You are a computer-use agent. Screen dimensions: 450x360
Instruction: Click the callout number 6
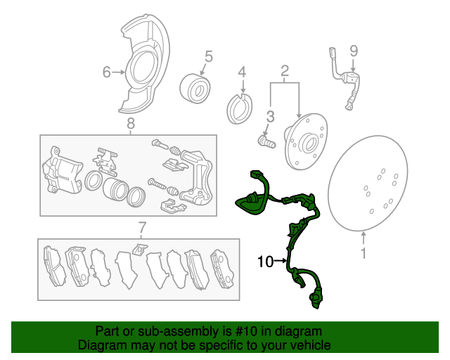pos(106,72)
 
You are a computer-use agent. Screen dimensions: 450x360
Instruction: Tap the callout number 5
pos(209,56)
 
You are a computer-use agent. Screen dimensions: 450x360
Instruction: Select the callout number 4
pos(243,72)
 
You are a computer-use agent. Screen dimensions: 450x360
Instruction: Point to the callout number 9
pos(354,51)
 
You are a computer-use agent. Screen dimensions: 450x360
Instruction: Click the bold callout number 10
pos(266,262)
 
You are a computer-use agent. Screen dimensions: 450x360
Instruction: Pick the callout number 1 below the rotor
pos(364,253)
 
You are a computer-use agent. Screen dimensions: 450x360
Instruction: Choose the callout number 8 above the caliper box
pos(131,124)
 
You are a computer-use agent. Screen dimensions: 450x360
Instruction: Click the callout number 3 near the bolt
pos(270,117)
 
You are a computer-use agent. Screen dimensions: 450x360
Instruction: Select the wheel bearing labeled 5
pos(195,89)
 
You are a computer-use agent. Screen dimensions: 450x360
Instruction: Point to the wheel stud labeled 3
pos(267,141)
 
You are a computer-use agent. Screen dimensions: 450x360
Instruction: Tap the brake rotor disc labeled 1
pos(368,183)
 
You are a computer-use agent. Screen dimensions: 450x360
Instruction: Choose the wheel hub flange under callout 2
pos(306,141)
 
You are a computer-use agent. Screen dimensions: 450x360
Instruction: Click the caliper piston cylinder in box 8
pos(115,188)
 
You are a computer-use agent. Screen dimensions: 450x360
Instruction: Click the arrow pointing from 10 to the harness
pos(281,261)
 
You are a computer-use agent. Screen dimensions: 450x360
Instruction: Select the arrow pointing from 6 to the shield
pos(119,72)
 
